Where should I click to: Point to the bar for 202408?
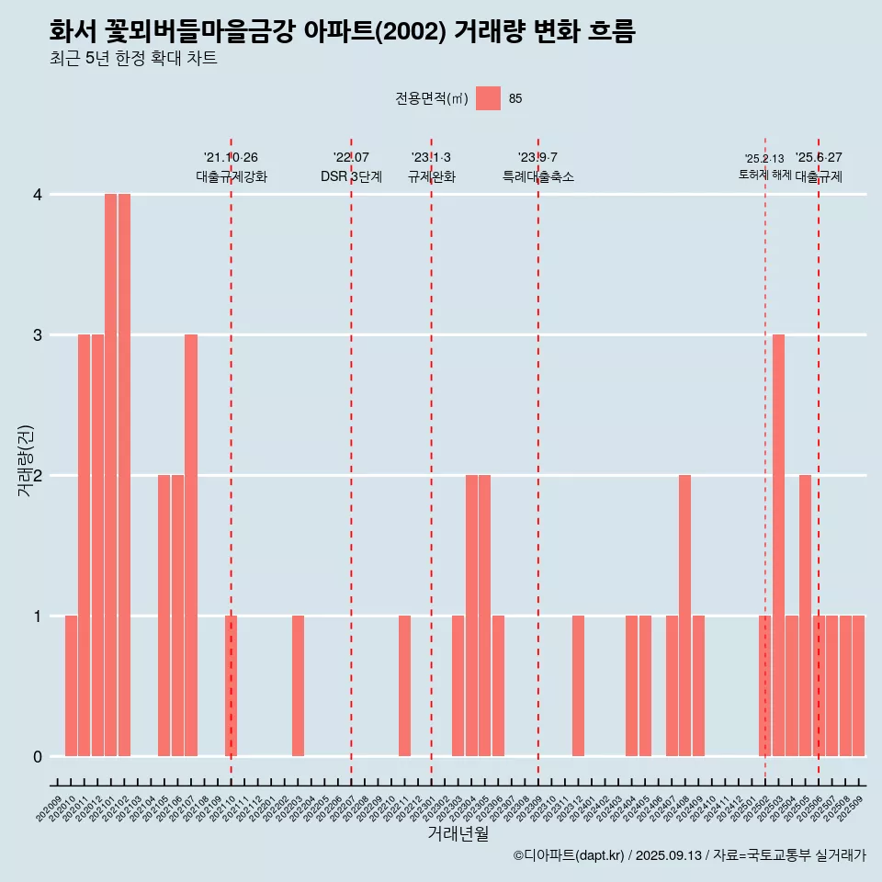(x=684, y=616)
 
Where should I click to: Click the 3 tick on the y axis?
(x=38, y=334)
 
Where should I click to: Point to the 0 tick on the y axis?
(x=38, y=756)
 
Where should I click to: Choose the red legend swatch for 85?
(x=489, y=98)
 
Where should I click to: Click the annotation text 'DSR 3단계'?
(x=351, y=176)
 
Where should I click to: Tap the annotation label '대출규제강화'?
(x=232, y=176)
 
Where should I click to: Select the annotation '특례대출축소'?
(x=538, y=176)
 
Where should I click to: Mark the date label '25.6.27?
(x=819, y=157)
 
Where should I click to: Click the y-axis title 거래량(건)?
(x=26, y=460)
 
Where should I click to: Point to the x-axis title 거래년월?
(x=458, y=834)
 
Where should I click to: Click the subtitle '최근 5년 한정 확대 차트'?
(x=133, y=59)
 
